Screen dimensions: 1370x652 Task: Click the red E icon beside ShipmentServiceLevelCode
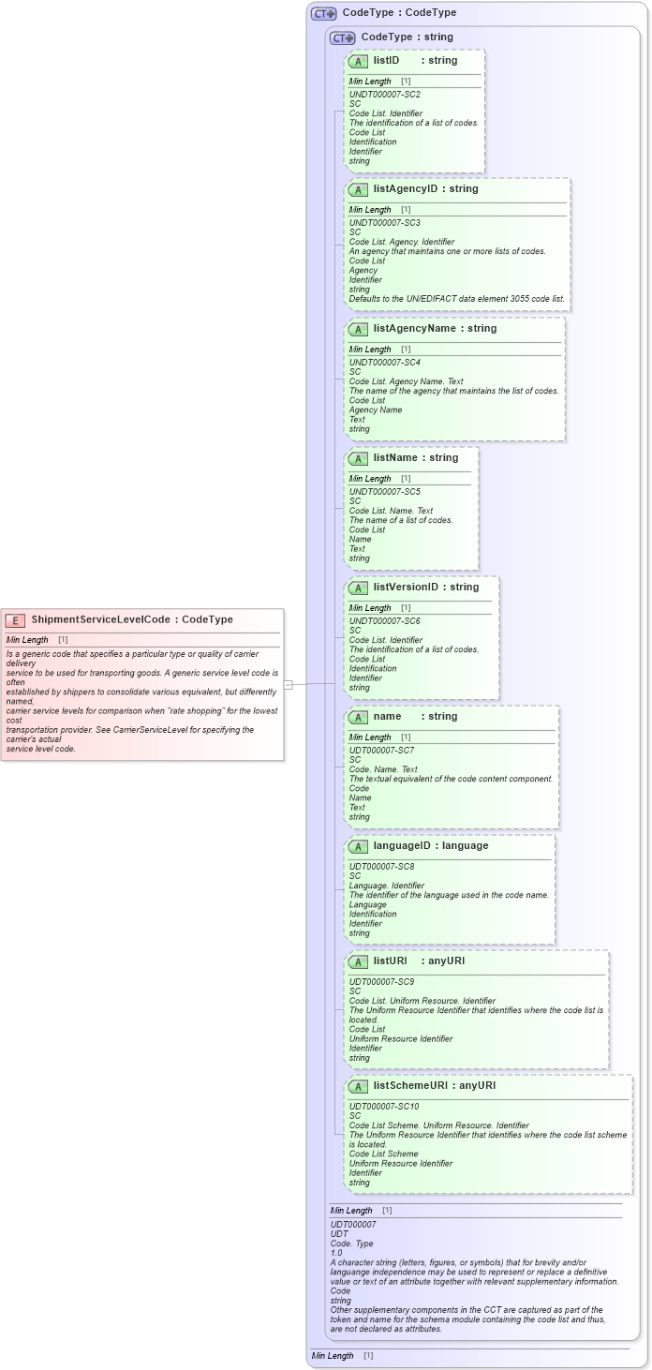(x=16, y=620)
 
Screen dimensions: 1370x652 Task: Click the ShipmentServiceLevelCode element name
(x=100, y=619)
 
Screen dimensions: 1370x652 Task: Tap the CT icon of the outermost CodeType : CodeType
(x=324, y=13)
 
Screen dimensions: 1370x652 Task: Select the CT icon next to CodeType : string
(x=343, y=37)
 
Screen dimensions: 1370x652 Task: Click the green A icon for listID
(x=358, y=61)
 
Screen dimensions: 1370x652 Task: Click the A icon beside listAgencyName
(x=358, y=330)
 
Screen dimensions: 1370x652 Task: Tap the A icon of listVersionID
(x=358, y=588)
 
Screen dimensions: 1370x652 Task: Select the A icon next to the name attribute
(x=358, y=718)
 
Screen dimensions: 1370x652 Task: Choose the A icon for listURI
(x=358, y=962)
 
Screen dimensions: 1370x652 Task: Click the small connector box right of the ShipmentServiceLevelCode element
(x=289, y=685)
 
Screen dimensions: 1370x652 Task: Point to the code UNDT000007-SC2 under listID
(x=384, y=95)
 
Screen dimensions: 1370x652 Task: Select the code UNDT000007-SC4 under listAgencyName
(x=384, y=363)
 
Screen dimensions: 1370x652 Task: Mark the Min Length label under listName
(x=370, y=479)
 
